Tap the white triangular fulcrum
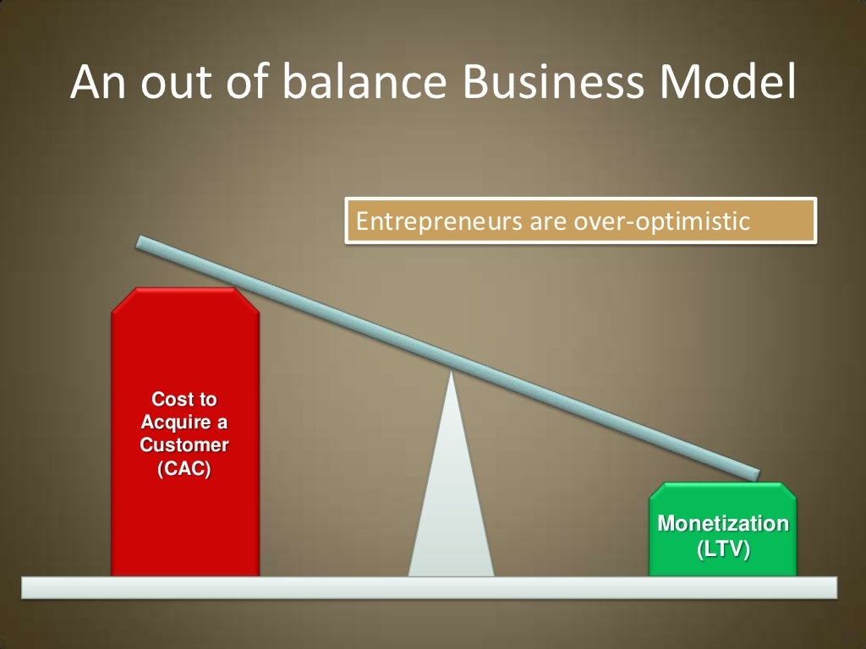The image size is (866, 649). [x=452, y=507]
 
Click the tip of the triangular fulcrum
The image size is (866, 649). [x=452, y=374]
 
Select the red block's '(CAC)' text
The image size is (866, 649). [x=184, y=470]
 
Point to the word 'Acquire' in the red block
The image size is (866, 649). [x=184, y=422]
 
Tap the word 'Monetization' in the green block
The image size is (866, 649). [x=723, y=524]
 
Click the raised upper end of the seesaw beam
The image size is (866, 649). [x=144, y=243]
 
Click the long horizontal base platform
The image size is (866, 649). [x=429, y=587]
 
